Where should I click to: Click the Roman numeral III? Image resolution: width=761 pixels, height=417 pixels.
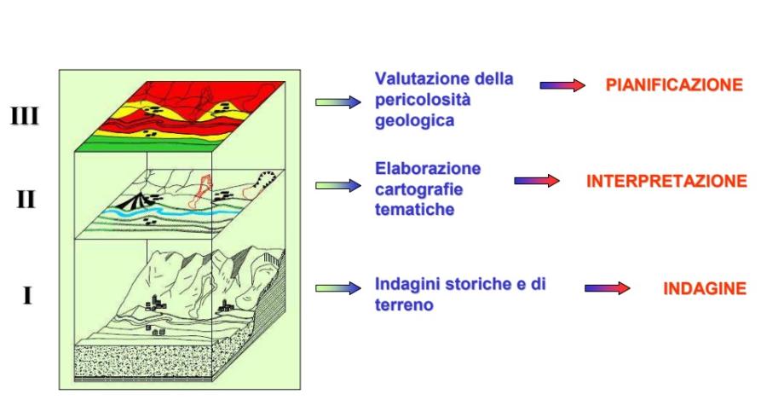coord(24,116)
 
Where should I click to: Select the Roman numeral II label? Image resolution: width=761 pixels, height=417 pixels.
coord(26,199)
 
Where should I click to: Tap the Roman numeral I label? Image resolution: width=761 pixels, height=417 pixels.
coord(27,295)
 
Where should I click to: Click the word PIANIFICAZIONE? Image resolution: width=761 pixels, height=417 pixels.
coord(674,85)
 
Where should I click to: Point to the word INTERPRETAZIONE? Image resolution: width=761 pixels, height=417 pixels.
coord(666,181)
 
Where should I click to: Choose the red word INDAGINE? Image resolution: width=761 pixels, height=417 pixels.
coord(705,288)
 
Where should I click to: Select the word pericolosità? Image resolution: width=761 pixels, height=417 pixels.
coord(423,100)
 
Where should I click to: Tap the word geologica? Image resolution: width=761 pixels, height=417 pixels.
coord(414,121)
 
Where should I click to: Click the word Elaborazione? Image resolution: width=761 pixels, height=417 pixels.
coord(428,169)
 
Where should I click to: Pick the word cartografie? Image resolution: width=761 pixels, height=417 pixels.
coord(418,189)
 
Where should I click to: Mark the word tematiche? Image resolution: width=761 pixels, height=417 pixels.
coord(414,209)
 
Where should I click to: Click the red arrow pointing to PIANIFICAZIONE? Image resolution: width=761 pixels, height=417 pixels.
coord(562,85)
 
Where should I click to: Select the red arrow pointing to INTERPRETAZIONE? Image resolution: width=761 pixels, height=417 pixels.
coord(537,181)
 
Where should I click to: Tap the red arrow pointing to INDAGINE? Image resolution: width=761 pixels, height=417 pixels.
coord(607,288)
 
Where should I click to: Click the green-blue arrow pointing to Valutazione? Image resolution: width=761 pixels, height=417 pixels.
coord(338,102)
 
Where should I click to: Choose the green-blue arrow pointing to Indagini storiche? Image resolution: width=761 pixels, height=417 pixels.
coord(338,288)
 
